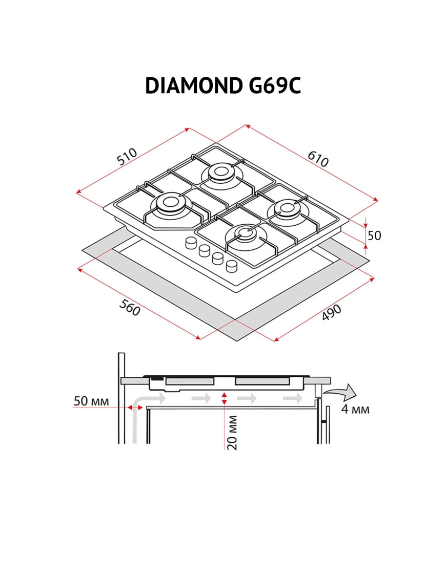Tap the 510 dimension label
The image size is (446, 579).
127,157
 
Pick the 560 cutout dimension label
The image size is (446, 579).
129,308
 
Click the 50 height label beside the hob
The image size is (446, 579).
375,235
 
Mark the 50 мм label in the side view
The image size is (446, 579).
91,401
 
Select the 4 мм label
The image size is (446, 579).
355,410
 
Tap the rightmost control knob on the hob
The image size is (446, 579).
232,265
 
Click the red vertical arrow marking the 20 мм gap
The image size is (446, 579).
224,399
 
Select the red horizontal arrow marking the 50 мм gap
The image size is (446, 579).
135,407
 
